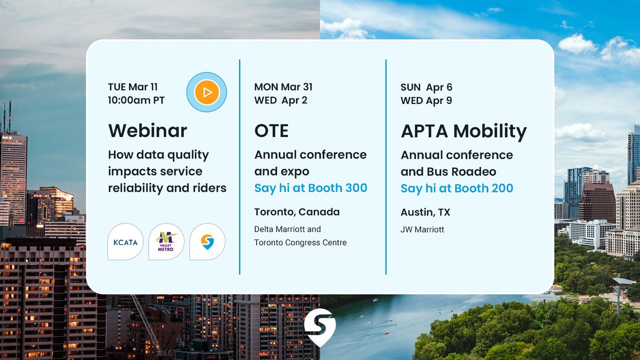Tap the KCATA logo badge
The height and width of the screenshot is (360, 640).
125,242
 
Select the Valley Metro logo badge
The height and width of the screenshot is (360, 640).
166,242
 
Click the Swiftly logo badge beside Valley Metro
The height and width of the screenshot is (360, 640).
207,242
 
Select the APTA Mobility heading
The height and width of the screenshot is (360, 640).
463,130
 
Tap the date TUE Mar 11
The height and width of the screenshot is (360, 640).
133,87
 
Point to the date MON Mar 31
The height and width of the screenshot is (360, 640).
283,87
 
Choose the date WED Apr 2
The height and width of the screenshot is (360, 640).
281,100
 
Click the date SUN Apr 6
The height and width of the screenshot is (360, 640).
426,87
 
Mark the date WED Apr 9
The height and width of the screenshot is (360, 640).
426,100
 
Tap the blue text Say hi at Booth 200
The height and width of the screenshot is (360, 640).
457,188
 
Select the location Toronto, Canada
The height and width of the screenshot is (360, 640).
297,212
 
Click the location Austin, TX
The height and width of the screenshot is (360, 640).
425,212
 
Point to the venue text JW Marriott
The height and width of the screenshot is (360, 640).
422,229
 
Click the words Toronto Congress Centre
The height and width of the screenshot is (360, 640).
300,242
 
